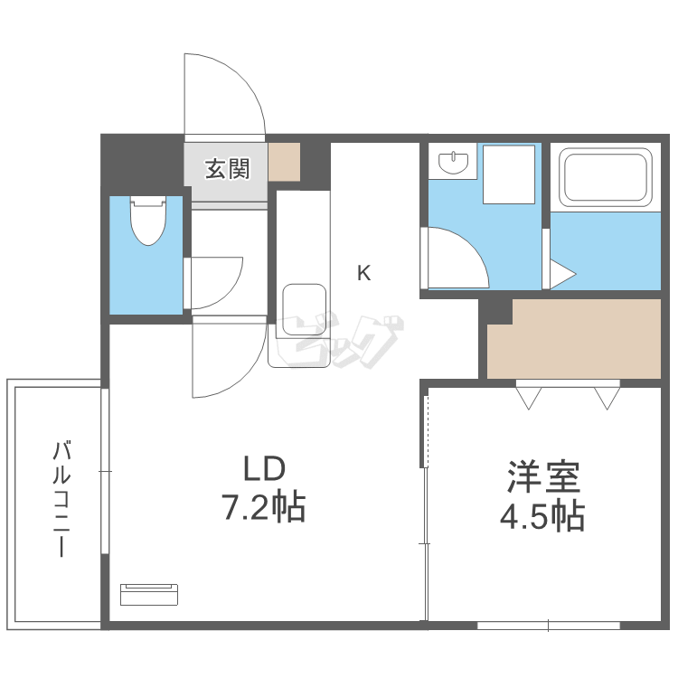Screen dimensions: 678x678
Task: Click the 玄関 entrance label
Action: [226, 168]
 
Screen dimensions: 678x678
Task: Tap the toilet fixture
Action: [145, 221]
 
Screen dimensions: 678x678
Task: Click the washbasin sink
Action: [453, 164]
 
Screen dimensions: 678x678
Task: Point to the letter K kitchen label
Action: [363, 272]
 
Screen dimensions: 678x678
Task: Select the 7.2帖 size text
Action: [264, 509]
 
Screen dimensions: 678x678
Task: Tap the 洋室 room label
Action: [542, 476]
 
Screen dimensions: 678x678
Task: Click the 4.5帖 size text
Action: [542, 516]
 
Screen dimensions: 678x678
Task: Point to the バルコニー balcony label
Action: [61, 498]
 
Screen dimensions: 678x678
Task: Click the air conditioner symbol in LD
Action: [149, 593]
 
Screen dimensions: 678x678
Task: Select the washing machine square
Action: [511, 174]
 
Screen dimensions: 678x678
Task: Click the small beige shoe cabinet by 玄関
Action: [284, 162]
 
